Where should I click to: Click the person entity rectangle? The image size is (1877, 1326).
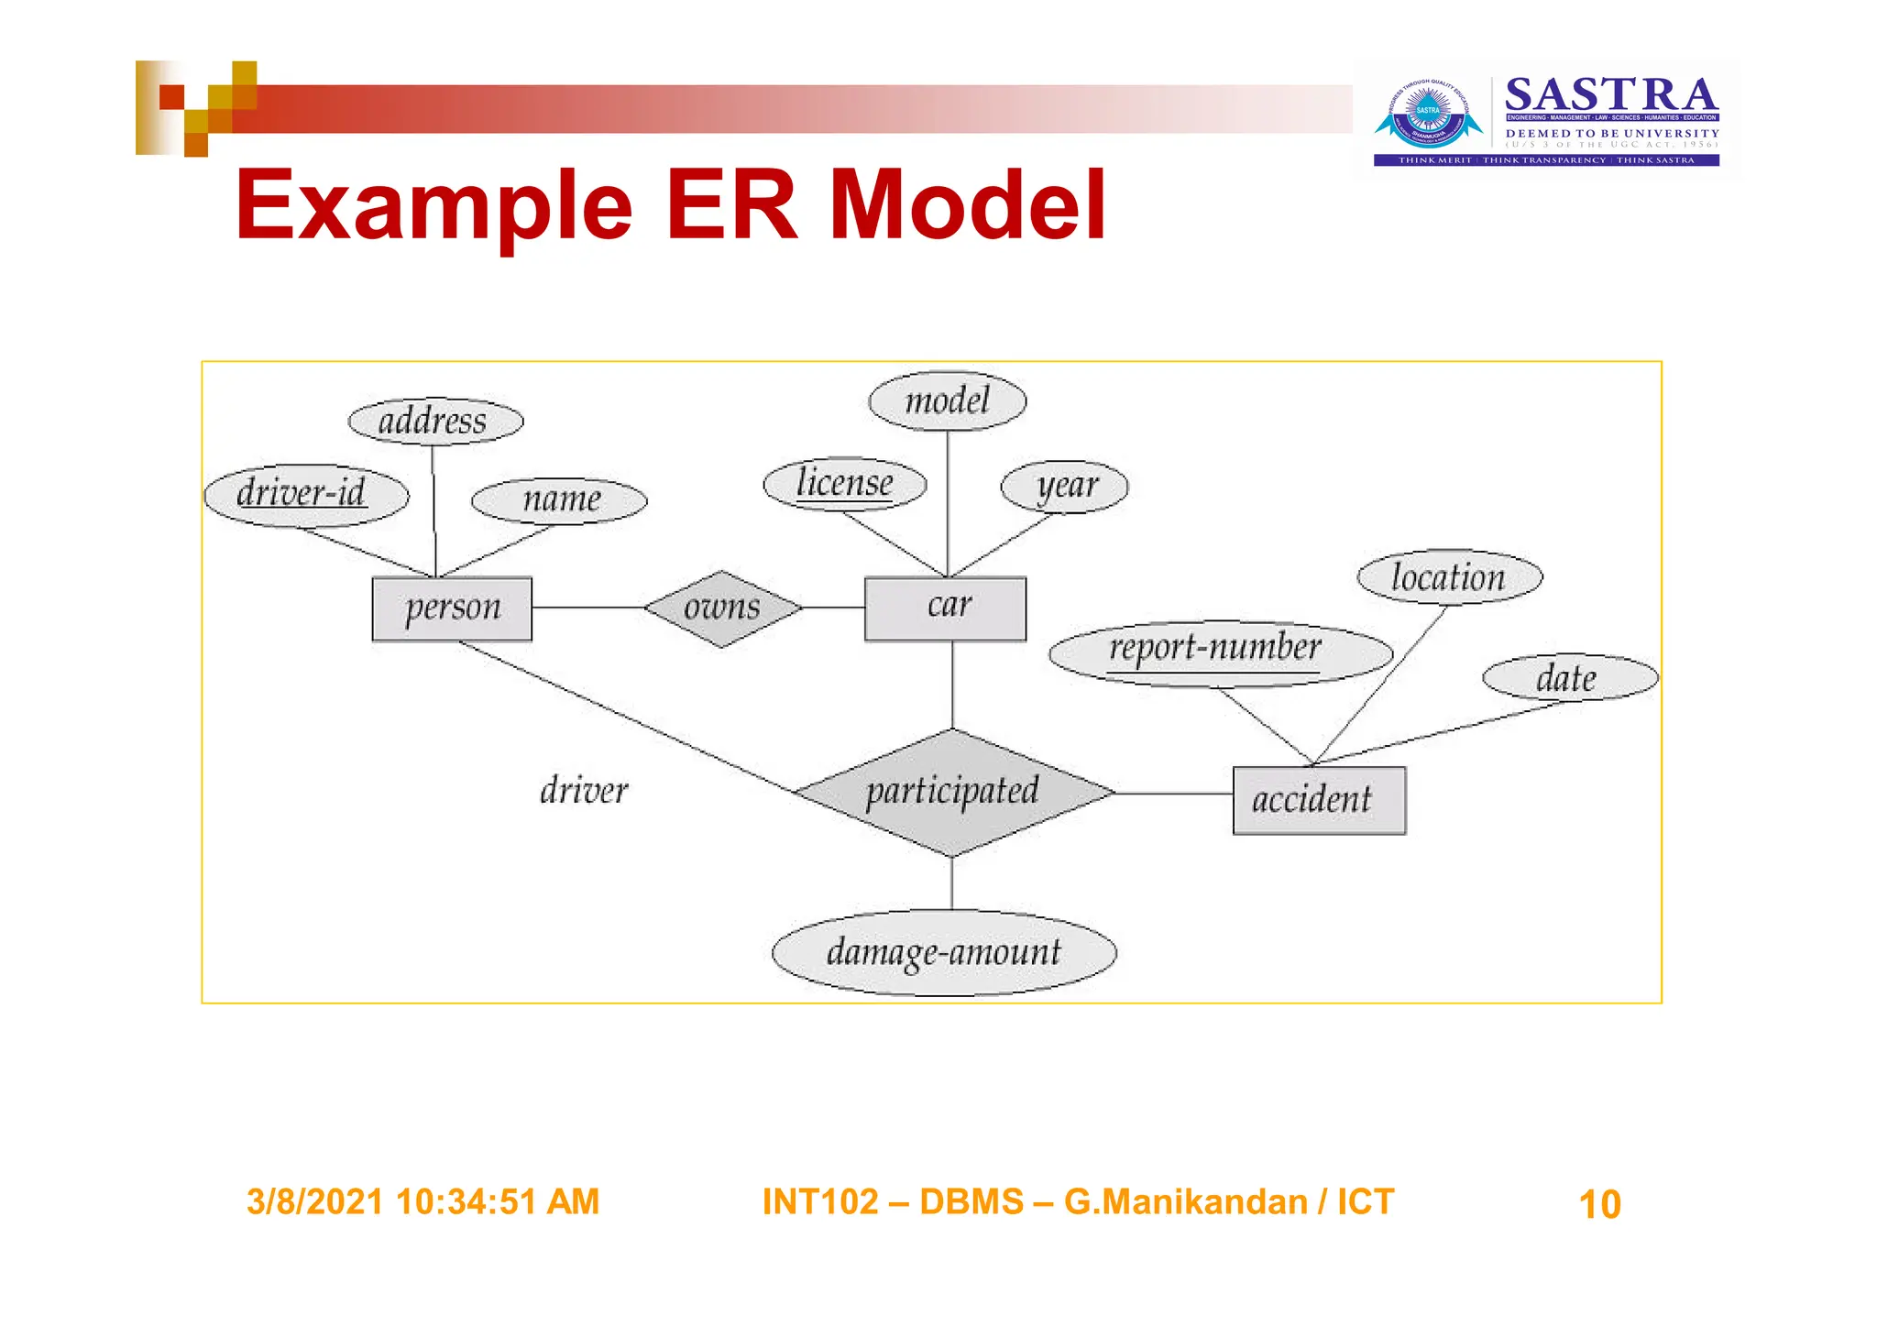click(452, 608)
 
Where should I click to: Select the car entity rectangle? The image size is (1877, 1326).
click(945, 608)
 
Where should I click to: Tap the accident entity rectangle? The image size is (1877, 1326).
click(1318, 800)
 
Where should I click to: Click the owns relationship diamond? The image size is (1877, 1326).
click(722, 608)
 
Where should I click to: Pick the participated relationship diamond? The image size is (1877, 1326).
click(953, 793)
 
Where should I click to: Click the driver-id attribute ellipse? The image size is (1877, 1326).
click(305, 496)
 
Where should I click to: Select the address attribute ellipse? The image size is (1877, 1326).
click(435, 422)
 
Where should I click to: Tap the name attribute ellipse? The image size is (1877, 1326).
click(559, 500)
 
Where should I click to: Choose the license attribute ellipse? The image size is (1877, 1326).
click(844, 484)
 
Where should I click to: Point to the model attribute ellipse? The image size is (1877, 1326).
click(947, 400)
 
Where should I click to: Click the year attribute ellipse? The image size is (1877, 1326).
click(1064, 487)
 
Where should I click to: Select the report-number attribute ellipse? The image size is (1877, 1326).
click(1219, 652)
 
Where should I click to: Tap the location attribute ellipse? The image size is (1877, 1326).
click(1449, 577)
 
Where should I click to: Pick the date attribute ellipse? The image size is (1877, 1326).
click(1569, 678)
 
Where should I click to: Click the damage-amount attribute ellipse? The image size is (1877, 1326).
click(944, 953)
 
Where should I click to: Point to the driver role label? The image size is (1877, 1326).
click(584, 791)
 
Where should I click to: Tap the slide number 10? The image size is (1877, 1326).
click(1599, 1204)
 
